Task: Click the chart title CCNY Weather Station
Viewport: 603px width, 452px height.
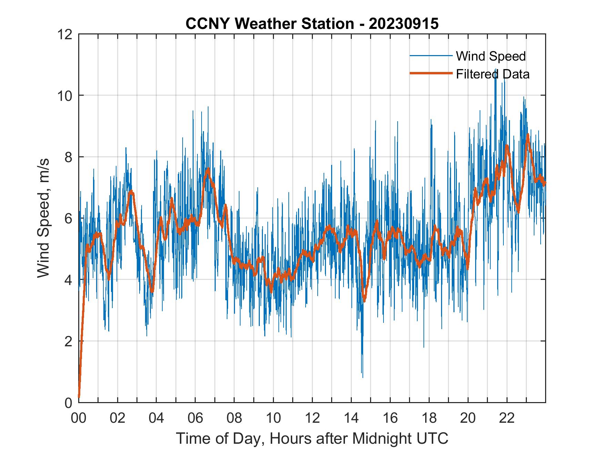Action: pyautogui.click(x=312, y=24)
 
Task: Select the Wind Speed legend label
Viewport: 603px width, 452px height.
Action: pyautogui.click(x=491, y=56)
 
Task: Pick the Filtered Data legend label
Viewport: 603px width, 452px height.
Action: pyautogui.click(x=493, y=74)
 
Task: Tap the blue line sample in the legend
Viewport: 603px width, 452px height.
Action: pyautogui.click(x=431, y=56)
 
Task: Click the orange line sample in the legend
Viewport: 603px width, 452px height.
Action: pyautogui.click(x=431, y=74)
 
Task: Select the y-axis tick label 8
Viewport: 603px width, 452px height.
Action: pyautogui.click(x=69, y=157)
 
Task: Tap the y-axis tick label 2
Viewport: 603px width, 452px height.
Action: pyautogui.click(x=69, y=341)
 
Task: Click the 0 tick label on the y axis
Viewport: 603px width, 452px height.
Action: pyautogui.click(x=69, y=402)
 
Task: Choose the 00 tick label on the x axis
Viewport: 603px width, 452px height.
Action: pyautogui.click(x=79, y=418)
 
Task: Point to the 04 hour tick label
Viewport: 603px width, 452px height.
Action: pyautogui.click(x=156, y=418)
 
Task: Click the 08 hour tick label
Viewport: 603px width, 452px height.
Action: pyautogui.click(x=234, y=418)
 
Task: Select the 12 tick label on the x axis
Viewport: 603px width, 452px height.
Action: pyautogui.click(x=312, y=418)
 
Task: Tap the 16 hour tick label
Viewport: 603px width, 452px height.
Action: pyautogui.click(x=390, y=418)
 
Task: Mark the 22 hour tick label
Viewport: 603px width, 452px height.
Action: pyautogui.click(x=507, y=418)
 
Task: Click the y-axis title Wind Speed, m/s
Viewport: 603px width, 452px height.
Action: pyautogui.click(x=43, y=218)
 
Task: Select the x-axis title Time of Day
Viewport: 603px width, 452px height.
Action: pyautogui.click(x=312, y=438)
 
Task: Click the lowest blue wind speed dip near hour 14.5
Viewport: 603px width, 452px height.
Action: pyautogui.click(x=362, y=377)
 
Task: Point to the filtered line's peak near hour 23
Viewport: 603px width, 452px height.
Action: pyautogui.click(x=528, y=135)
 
